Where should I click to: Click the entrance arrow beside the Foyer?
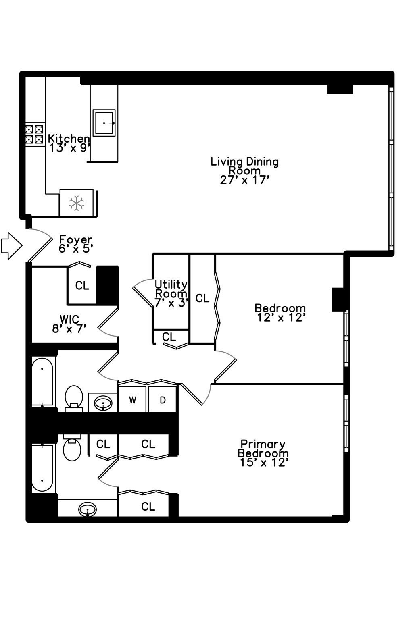(11, 245)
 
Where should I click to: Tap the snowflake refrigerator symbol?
(76, 203)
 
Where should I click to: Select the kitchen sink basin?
(104, 123)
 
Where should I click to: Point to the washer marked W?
(132, 400)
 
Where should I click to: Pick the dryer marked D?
(163, 400)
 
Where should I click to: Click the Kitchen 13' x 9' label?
(69, 143)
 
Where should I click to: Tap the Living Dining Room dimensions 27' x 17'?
(244, 180)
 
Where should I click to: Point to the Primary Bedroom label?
(263, 453)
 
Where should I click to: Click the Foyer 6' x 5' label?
(76, 244)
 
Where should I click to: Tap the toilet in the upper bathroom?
(74, 398)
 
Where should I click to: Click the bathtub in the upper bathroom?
(42, 381)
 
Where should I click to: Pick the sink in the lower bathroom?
(88, 509)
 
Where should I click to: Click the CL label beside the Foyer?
(82, 286)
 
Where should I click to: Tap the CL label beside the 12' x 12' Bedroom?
(202, 298)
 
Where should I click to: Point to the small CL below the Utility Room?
(169, 337)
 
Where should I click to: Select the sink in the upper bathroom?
(103, 402)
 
